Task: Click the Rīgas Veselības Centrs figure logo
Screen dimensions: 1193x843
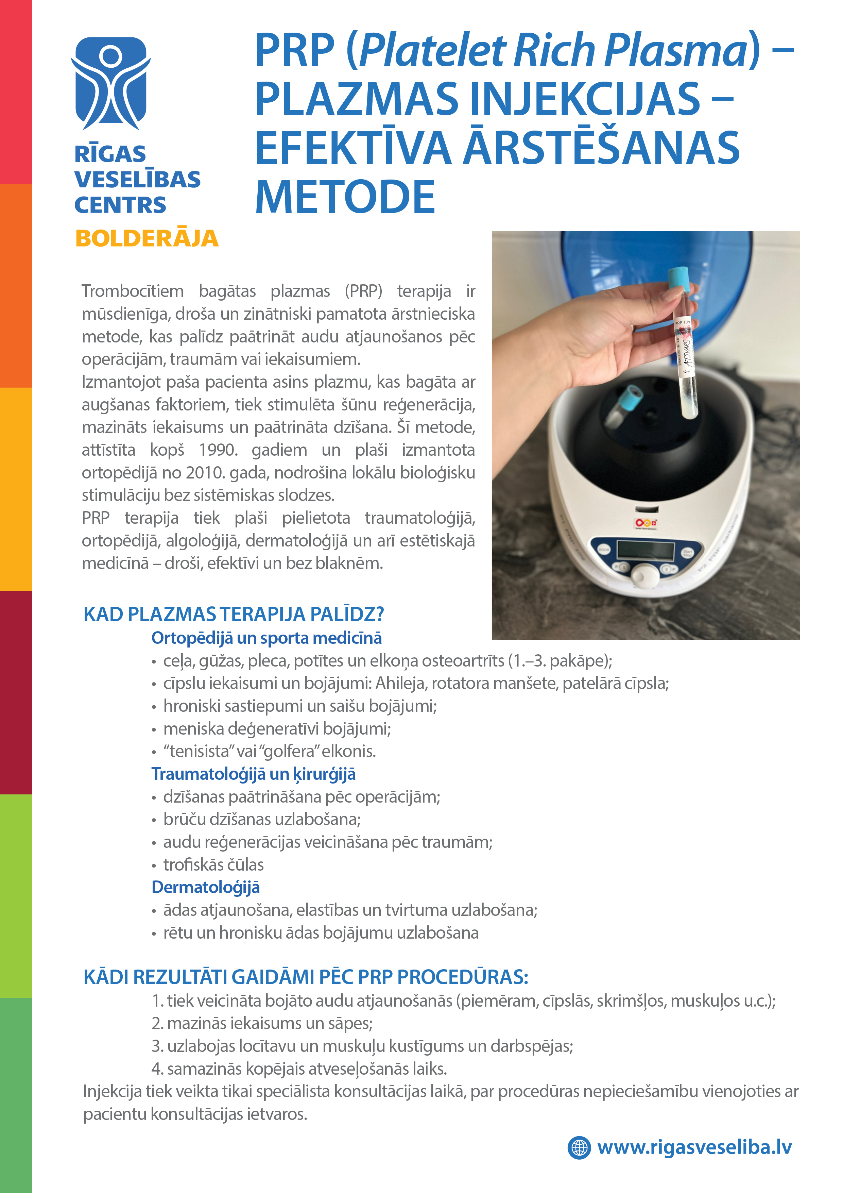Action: [110, 83]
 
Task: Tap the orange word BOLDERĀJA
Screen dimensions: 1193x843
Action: [147, 238]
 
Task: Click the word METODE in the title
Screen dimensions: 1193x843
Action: [345, 198]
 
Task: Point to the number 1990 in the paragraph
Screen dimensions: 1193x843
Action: [218, 450]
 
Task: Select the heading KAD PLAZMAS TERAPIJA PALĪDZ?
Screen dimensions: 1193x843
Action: [234, 614]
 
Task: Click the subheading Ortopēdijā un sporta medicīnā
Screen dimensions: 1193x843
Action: [266, 638]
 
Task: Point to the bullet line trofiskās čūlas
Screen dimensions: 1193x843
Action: [213, 864]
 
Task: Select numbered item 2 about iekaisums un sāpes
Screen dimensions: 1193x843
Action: [262, 1023]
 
